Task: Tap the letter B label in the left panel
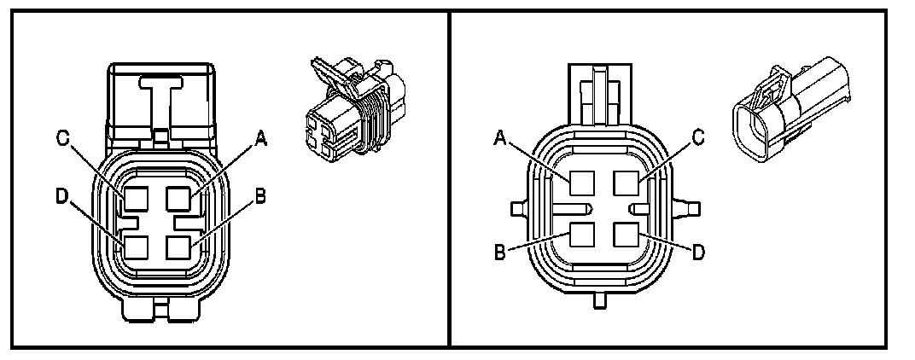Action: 259,195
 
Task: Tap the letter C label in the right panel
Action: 697,137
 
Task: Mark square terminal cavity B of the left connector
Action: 179,247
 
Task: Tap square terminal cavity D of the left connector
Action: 136,247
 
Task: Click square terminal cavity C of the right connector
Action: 627,182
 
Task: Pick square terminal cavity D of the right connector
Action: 627,234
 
